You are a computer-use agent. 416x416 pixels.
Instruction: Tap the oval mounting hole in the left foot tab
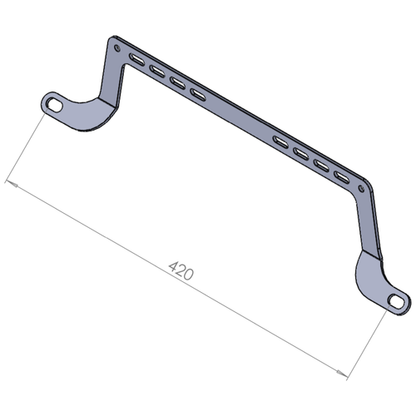55,105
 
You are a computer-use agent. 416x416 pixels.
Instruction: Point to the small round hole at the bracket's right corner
361,189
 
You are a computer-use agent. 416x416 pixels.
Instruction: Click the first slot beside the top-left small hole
135,59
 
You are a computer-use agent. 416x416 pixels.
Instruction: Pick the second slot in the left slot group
156,71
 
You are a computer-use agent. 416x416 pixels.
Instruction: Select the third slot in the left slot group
176,82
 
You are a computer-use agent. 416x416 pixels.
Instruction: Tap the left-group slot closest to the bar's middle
197,94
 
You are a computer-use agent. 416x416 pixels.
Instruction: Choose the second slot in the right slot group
301,151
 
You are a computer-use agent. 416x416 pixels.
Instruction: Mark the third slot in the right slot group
321,163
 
